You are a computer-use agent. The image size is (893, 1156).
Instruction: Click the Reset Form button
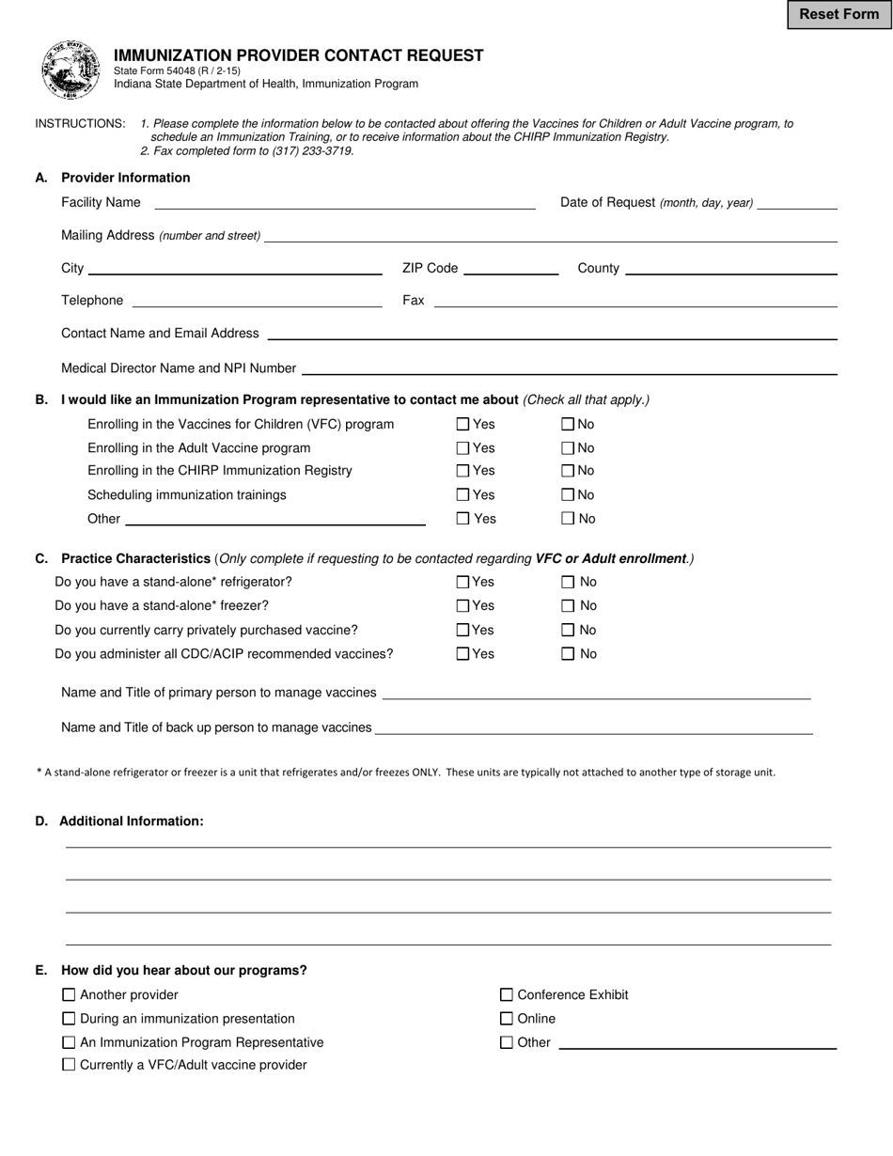click(x=838, y=14)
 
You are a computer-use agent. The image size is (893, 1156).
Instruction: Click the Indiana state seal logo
click(x=70, y=70)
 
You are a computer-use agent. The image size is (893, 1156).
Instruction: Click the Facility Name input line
click(x=344, y=202)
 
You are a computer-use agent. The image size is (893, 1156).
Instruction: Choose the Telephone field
click(x=257, y=301)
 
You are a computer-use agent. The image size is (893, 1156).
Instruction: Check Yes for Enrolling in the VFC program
click(x=462, y=425)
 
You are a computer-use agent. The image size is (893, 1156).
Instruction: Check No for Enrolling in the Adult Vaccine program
click(x=568, y=448)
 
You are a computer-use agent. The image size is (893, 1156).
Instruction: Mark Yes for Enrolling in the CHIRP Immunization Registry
click(x=462, y=471)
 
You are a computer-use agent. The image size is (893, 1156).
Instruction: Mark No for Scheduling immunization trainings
click(x=568, y=495)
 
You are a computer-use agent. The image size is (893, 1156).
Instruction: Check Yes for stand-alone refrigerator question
click(x=462, y=583)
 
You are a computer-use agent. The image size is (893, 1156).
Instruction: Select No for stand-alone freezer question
click(x=568, y=606)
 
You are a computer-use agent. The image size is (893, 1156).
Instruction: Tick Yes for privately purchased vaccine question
click(x=462, y=631)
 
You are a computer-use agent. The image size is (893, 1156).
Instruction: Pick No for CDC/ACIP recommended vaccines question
click(x=568, y=654)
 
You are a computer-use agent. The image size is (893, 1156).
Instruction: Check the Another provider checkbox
click(x=69, y=995)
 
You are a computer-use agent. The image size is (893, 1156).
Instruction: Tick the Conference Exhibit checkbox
click(x=507, y=995)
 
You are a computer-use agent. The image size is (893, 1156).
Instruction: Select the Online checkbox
click(x=507, y=1019)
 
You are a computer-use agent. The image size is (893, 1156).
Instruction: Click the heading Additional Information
click(x=131, y=821)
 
